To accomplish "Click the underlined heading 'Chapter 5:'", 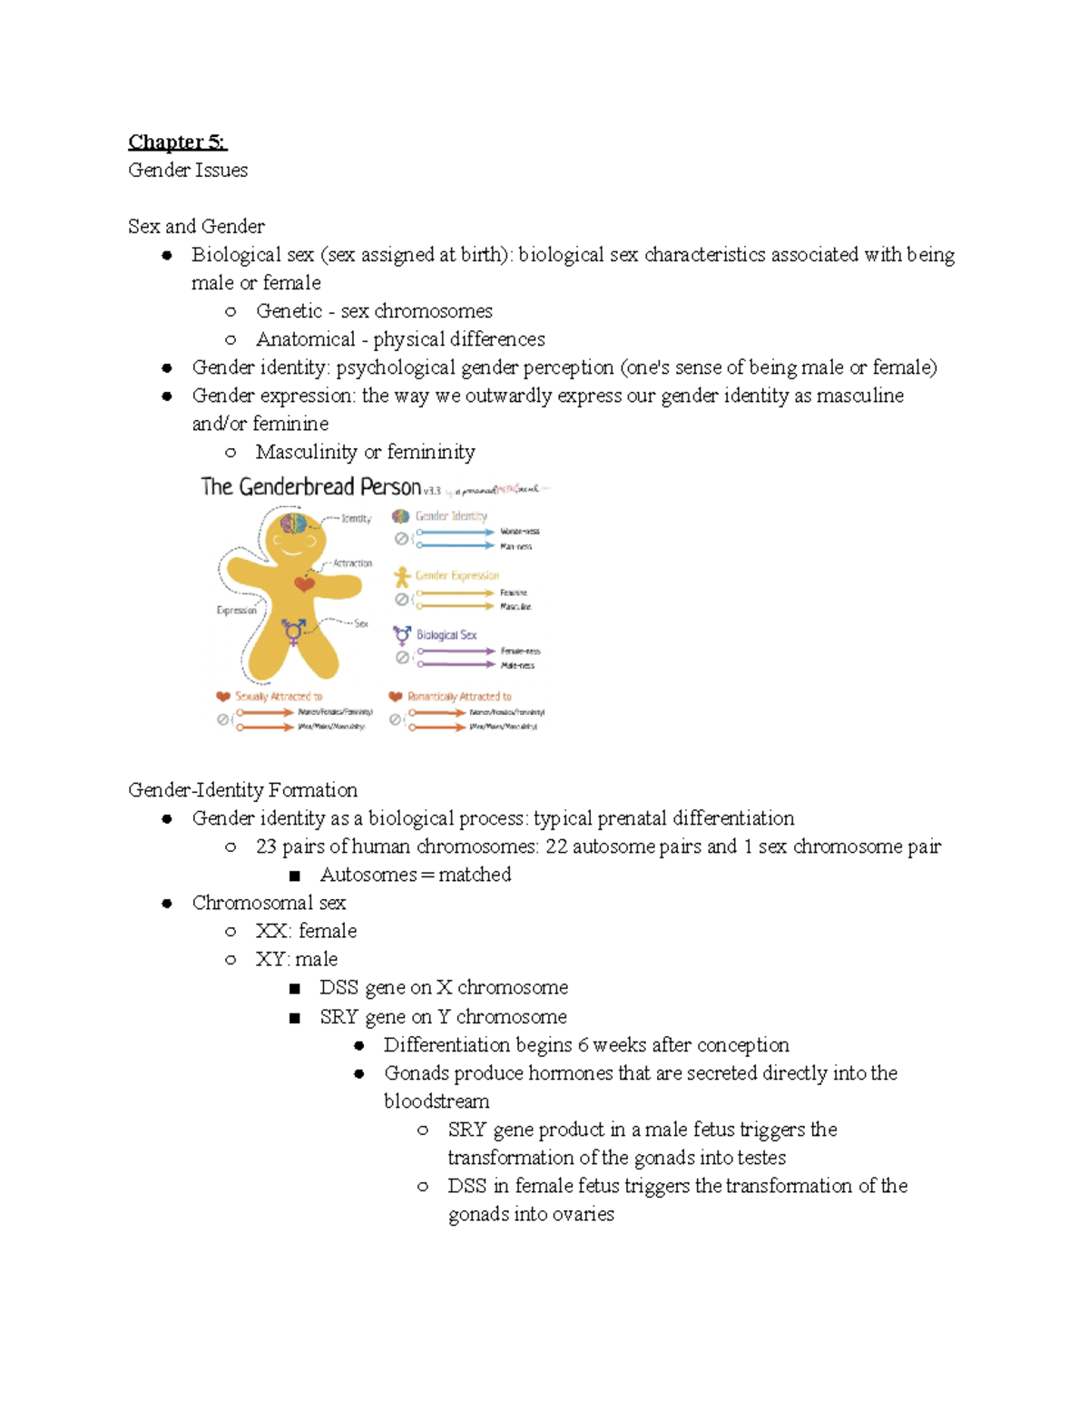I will (177, 142).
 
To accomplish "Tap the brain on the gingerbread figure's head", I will (294, 523).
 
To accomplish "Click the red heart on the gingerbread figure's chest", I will (305, 583).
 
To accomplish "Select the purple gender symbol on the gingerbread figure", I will (293, 631).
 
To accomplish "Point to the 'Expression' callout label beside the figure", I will (237, 611).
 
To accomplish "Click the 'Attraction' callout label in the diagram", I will (352, 563).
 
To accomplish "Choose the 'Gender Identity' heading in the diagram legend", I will (451, 516).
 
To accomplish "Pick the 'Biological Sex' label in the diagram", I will (446, 635).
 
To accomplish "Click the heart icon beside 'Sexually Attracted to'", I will (223, 697).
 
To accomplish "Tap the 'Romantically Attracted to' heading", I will (459, 697).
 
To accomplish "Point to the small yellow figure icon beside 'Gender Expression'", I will (402, 576).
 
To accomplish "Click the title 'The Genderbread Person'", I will (311, 487).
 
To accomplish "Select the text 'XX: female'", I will (306, 931).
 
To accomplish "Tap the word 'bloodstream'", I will (437, 1101).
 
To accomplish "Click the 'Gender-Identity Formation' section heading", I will (242, 790).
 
